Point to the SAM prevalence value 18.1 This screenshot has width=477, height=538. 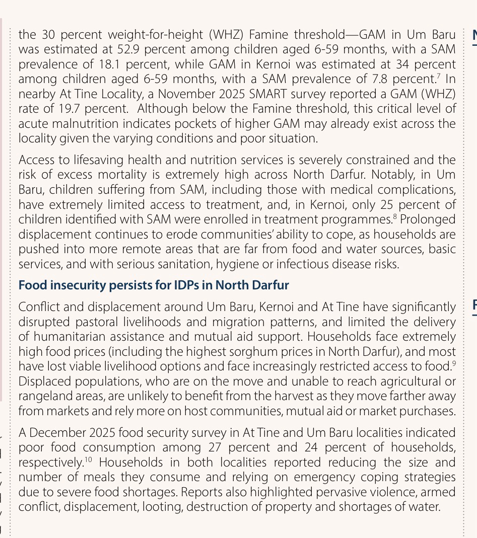pyautogui.click(x=111, y=65)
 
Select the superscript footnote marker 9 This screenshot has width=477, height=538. pyautogui.click(x=454, y=363)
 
